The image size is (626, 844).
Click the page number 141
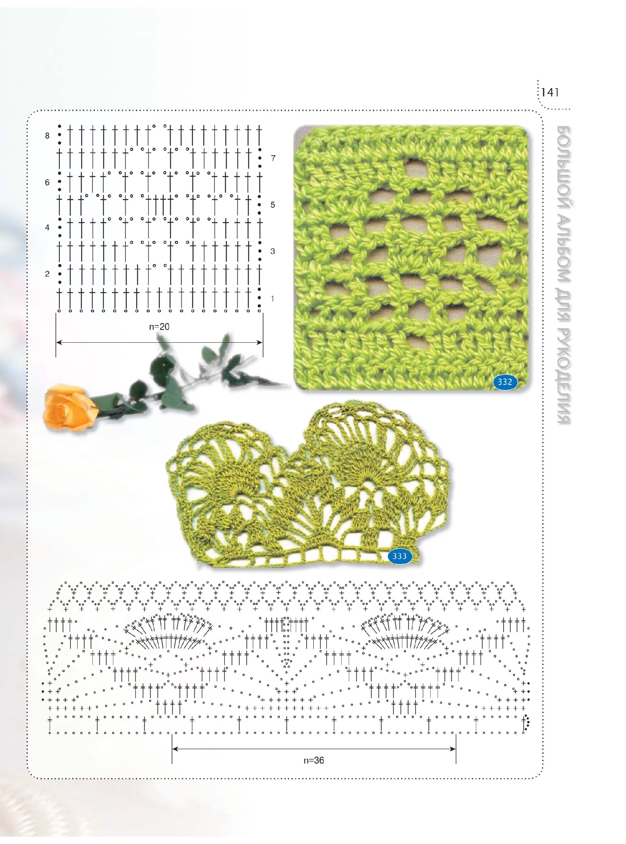coord(551,92)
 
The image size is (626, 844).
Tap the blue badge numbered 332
coord(505,382)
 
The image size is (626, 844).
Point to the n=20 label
coord(159,326)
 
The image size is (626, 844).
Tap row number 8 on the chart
coord(47,135)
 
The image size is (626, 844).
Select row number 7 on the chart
coord(273,159)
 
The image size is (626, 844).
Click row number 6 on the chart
coord(47,182)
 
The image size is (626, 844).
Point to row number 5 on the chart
coord(273,205)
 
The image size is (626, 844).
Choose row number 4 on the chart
coord(47,228)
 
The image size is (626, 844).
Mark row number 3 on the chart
coord(273,251)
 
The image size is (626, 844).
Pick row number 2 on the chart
coord(47,274)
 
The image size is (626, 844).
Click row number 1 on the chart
coord(273,299)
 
